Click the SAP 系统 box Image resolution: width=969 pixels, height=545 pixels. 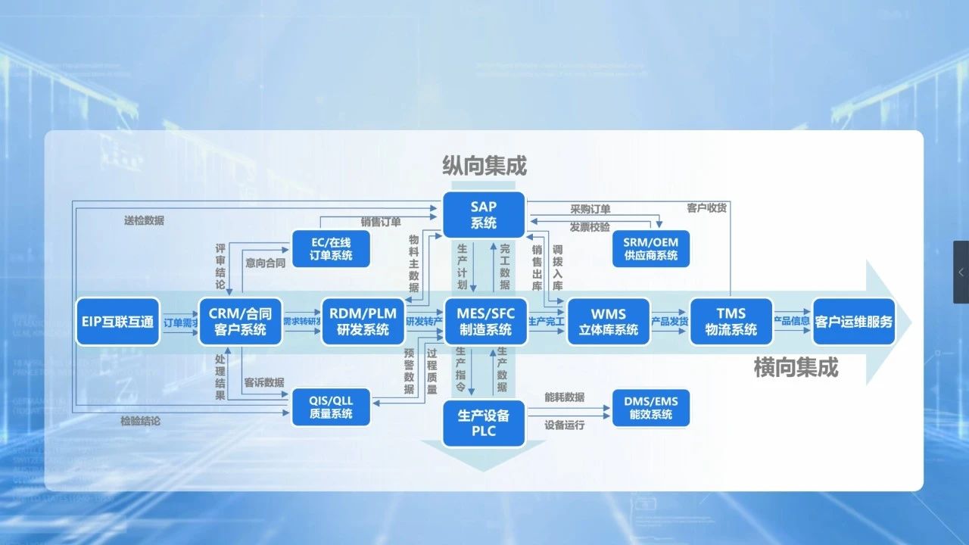click(x=484, y=214)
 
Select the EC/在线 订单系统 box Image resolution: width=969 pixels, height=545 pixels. click(x=331, y=248)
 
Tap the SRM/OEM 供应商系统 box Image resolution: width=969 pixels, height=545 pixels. click(x=651, y=248)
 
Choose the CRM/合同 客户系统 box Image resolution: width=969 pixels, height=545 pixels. click(x=240, y=322)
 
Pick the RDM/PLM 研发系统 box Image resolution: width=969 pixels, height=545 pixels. click(x=363, y=322)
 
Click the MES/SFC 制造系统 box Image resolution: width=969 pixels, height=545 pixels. click(x=486, y=322)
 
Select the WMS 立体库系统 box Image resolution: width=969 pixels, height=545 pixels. click(x=609, y=322)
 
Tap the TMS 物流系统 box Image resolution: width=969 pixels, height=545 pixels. click(x=731, y=322)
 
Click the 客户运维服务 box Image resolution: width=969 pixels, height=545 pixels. click(x=854, y=322)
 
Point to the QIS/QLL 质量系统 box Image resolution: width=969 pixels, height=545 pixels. click(x=331, y=406)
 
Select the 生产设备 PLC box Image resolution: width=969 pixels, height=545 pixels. click(x=484, y=423)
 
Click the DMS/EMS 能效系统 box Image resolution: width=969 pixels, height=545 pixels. click(x=651, y=406)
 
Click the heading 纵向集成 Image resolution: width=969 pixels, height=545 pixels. click(x=484, y=166)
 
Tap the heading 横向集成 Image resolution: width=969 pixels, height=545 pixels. click(x=796, y=368)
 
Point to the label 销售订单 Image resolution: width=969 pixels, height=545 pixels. click(x=381, y=222)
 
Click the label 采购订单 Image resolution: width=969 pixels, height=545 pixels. click(x=590, y=210)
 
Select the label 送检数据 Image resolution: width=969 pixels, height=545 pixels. click(x=144, y=221)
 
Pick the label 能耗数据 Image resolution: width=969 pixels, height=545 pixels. click(x=564, y=397)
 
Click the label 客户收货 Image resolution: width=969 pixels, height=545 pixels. click(x=706, y=208)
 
